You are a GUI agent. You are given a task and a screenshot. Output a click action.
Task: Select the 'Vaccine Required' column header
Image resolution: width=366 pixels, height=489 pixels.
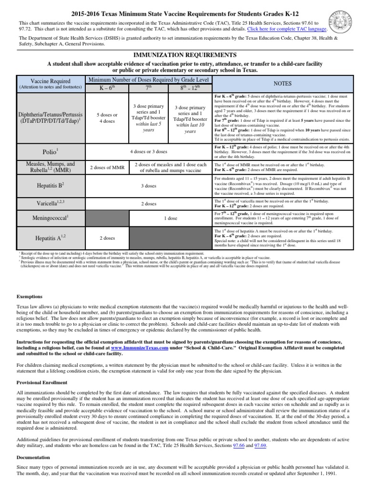[50, 81]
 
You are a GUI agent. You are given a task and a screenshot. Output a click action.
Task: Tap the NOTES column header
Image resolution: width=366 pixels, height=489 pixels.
[282, 83]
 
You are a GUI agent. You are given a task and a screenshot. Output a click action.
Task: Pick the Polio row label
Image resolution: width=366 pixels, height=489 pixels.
[50, 151]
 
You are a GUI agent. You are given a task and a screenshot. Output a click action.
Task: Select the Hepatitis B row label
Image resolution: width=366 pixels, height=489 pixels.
[50, 185]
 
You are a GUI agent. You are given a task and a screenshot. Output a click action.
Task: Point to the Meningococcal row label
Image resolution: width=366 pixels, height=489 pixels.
[50, 217]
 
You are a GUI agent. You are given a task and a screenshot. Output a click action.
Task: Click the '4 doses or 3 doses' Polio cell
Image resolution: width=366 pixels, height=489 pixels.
[148, 151]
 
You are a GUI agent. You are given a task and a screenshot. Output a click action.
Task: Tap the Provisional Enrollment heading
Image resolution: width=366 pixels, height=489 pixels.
[42, 383]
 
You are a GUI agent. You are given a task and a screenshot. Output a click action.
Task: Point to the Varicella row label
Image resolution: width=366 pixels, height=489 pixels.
[50, 203]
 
